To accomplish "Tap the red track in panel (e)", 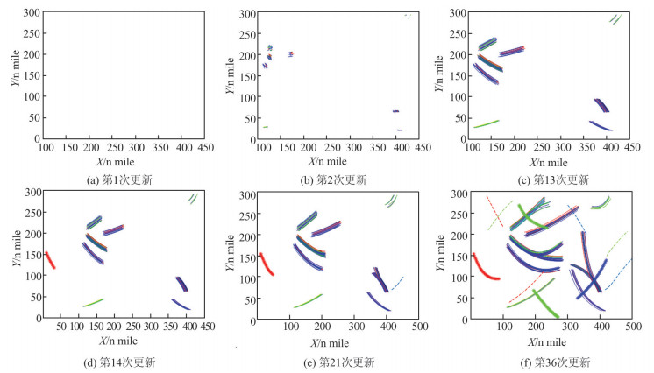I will tap(264, 264).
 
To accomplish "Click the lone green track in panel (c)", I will tap(487, 123).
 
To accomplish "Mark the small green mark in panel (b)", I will tap(264, 127).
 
